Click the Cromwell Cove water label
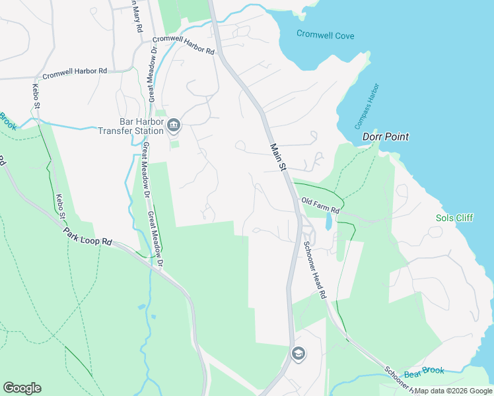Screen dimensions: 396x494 pos(326,34)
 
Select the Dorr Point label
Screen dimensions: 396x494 pos(386,137)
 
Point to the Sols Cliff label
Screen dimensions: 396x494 pos(454,218)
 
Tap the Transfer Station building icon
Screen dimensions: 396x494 pos(174,125)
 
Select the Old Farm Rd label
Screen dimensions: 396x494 pos(320,205)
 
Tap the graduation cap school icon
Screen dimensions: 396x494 pos(298,353)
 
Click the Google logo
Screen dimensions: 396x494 pos(22,388)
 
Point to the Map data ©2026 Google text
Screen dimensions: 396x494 pos(454,391)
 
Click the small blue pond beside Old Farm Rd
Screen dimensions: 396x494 pos(328,222)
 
